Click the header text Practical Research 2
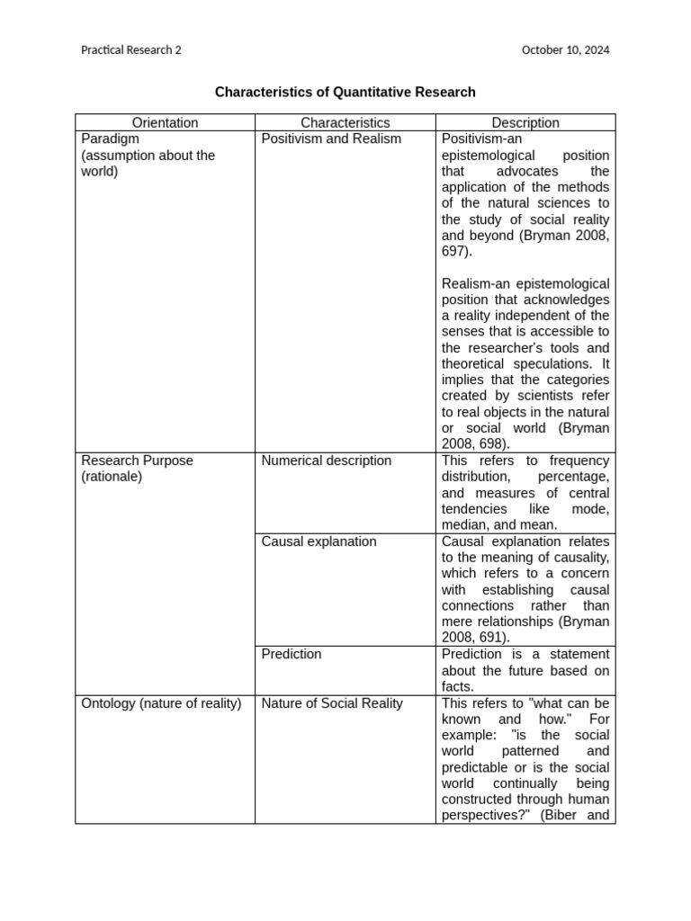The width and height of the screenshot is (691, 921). click(x=130, y=50)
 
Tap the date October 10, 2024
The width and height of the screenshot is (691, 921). click(x=565, y=50)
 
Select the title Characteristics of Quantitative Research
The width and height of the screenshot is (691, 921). click(x=345, y=92)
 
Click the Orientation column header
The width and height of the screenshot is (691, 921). click(x=165, y=122)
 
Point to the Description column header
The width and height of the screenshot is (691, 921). click(x=525, y=122)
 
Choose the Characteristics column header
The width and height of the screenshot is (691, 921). click(x=345, y=122)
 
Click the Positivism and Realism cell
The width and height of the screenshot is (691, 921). click(x=331, y=139)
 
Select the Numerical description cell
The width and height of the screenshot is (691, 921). click(x=326, y=460)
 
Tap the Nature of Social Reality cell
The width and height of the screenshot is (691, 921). click(x=331, y=703)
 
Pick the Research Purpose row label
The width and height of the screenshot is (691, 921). click(x=137, y=460)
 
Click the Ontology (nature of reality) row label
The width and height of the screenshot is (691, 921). click(x=161, y=703)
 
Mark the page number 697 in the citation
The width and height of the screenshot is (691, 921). click(x=454, y=252)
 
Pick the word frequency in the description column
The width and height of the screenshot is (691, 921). click(x=579, y=460)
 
